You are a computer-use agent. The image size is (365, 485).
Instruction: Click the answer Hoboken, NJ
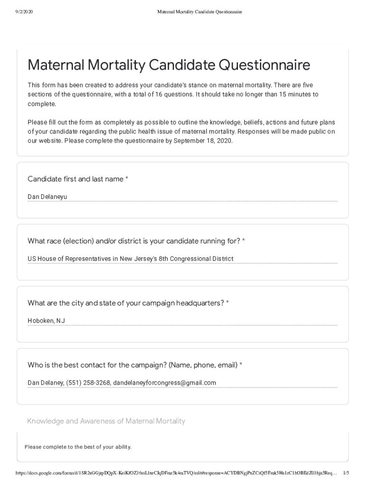coord(46,321)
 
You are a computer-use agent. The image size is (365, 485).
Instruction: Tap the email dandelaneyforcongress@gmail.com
coord(164,383)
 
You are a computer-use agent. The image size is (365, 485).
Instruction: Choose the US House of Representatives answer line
coord(130,259)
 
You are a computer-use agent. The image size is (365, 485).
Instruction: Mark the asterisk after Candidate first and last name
coord(127,179)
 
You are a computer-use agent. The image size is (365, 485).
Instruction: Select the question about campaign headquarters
coord(126,303)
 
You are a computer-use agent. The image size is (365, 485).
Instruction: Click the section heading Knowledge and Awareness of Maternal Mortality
coord(106,421)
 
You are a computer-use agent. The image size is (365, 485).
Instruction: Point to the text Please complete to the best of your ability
coord(78,447)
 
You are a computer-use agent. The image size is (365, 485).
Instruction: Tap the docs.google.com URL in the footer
coord(175,473)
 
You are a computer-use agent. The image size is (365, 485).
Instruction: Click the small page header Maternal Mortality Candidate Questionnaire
coord(200,12)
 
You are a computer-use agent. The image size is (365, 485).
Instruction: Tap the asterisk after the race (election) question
coord(244,241)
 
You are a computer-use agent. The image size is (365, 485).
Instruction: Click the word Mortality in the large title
coord(117,65)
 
